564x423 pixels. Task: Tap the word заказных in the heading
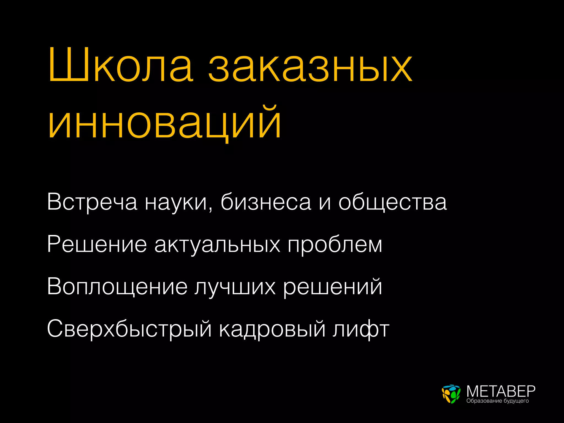tap(310, 67)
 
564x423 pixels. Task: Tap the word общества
tap(393, 202)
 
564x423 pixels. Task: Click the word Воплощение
tap(117, 287)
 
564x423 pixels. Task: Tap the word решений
tap(333, 287)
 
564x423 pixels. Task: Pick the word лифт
tap(361, 329)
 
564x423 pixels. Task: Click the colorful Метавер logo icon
tap(451, 394)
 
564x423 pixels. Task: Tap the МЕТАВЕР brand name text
tap(501, 391)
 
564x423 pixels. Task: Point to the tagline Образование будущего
tap(498, 401)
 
